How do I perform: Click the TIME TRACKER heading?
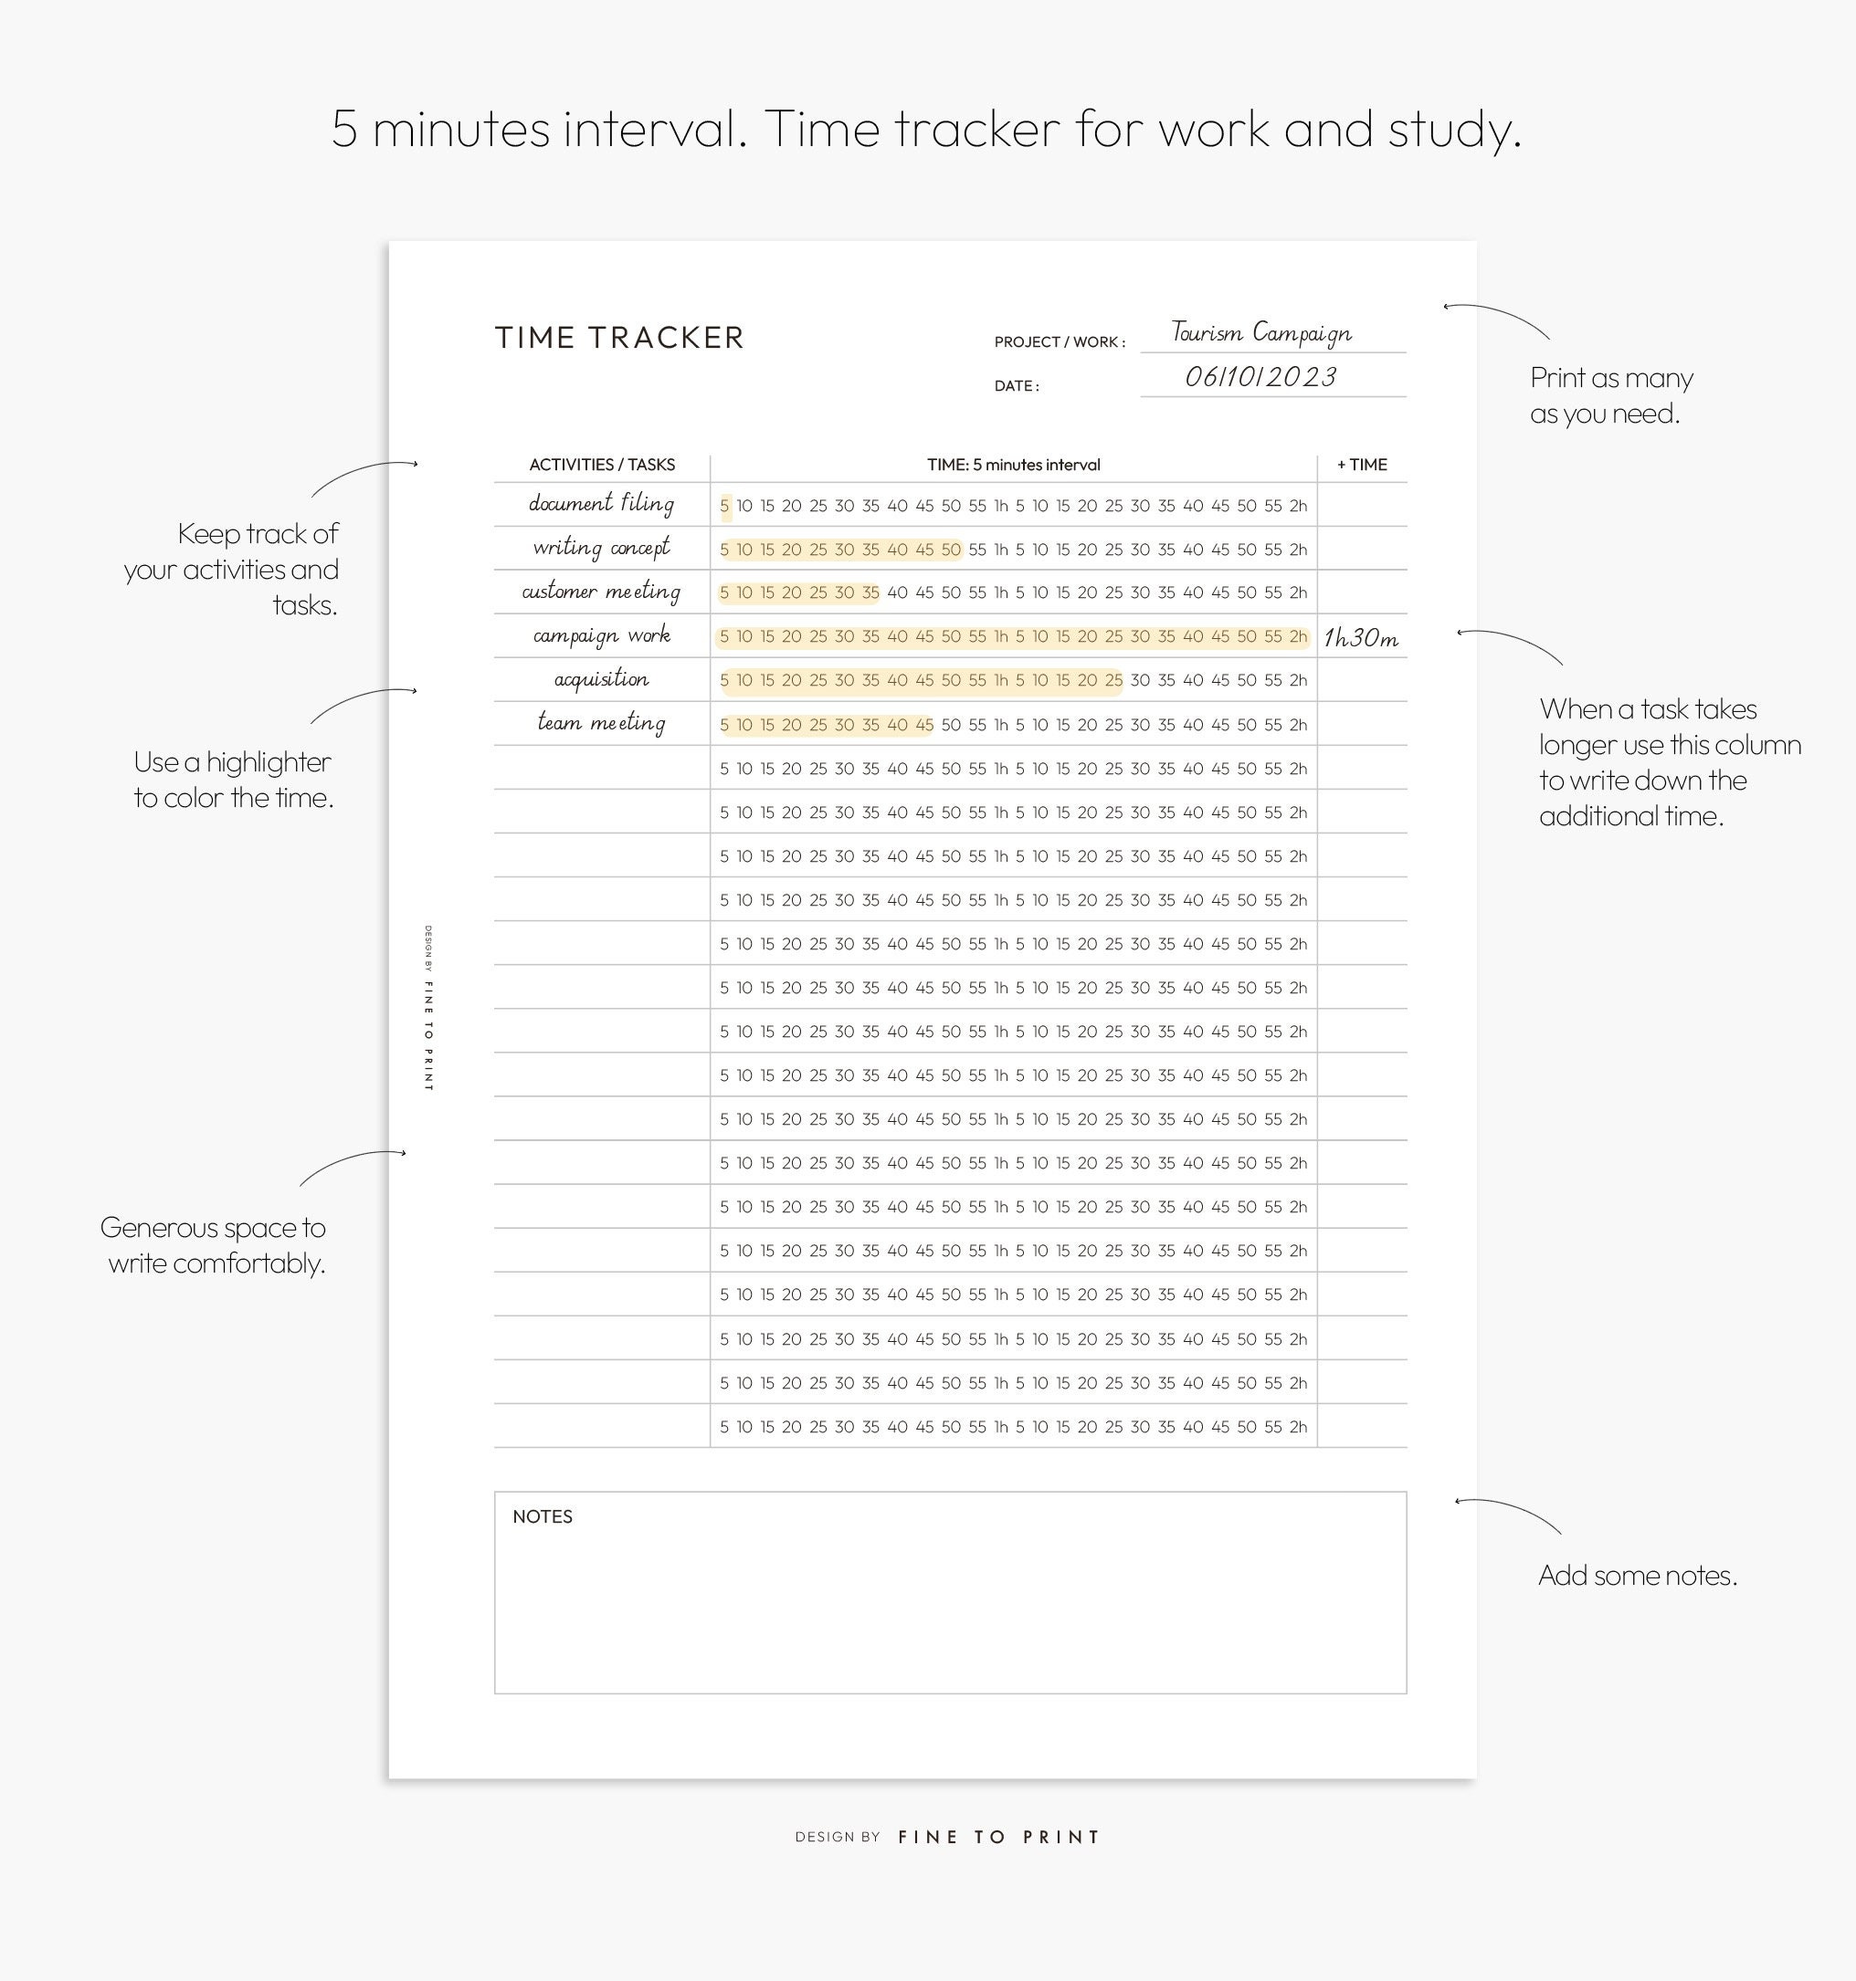(619, 338)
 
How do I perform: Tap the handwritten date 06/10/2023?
(1260, 377)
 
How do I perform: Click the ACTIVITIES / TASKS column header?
(601, 465)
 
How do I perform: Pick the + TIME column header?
(1362, 465)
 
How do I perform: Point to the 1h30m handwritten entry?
(1361, 638)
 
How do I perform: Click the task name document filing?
(601, 503)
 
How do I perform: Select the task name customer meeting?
(601, 591)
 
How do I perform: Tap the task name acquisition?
(601, 678)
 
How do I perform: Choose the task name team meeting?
(601, 722)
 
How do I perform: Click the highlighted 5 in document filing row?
(724, 507)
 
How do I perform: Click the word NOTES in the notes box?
(543, 1516)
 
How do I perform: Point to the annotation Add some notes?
(1637, 1576)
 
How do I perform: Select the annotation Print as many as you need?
(1611, 395)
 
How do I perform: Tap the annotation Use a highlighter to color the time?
(233, 780)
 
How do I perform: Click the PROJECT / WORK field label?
(1059, 341)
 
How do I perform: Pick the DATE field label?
(1016, 385)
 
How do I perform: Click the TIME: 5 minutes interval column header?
(1013, 465)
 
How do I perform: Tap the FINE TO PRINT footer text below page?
(997, 1837)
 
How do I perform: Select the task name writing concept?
(601, 547)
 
